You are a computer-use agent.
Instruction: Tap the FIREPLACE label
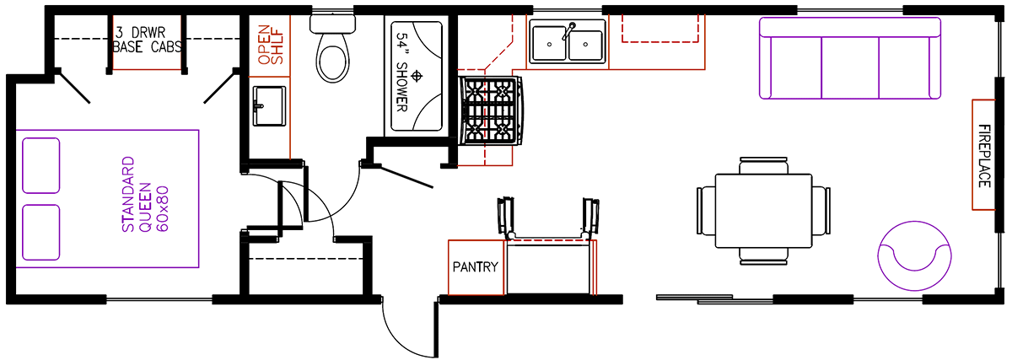point(984,156)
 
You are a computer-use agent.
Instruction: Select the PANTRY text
point(476,267)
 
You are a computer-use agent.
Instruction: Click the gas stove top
point(491,110)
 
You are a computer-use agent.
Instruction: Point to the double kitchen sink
point(568,42)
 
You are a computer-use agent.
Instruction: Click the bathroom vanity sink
point(269,106)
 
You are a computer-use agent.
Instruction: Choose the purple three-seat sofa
point(850,58)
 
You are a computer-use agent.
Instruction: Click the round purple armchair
point(914,255)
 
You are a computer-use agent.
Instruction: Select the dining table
point(763,211)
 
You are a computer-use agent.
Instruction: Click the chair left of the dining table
point(706,211)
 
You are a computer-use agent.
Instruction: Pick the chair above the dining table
point(763,166)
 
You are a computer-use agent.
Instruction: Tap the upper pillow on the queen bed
point(41,166)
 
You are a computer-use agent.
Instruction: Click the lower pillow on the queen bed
point(41,233)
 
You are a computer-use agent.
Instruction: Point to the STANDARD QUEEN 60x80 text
point(145,194)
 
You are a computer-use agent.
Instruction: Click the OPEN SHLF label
point(270,45)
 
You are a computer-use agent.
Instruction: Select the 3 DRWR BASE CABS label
point(148,40)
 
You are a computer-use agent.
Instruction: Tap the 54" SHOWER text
point(402,72)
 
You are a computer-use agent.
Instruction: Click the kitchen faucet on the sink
point(568,31)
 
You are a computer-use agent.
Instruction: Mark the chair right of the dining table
point(821,211)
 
